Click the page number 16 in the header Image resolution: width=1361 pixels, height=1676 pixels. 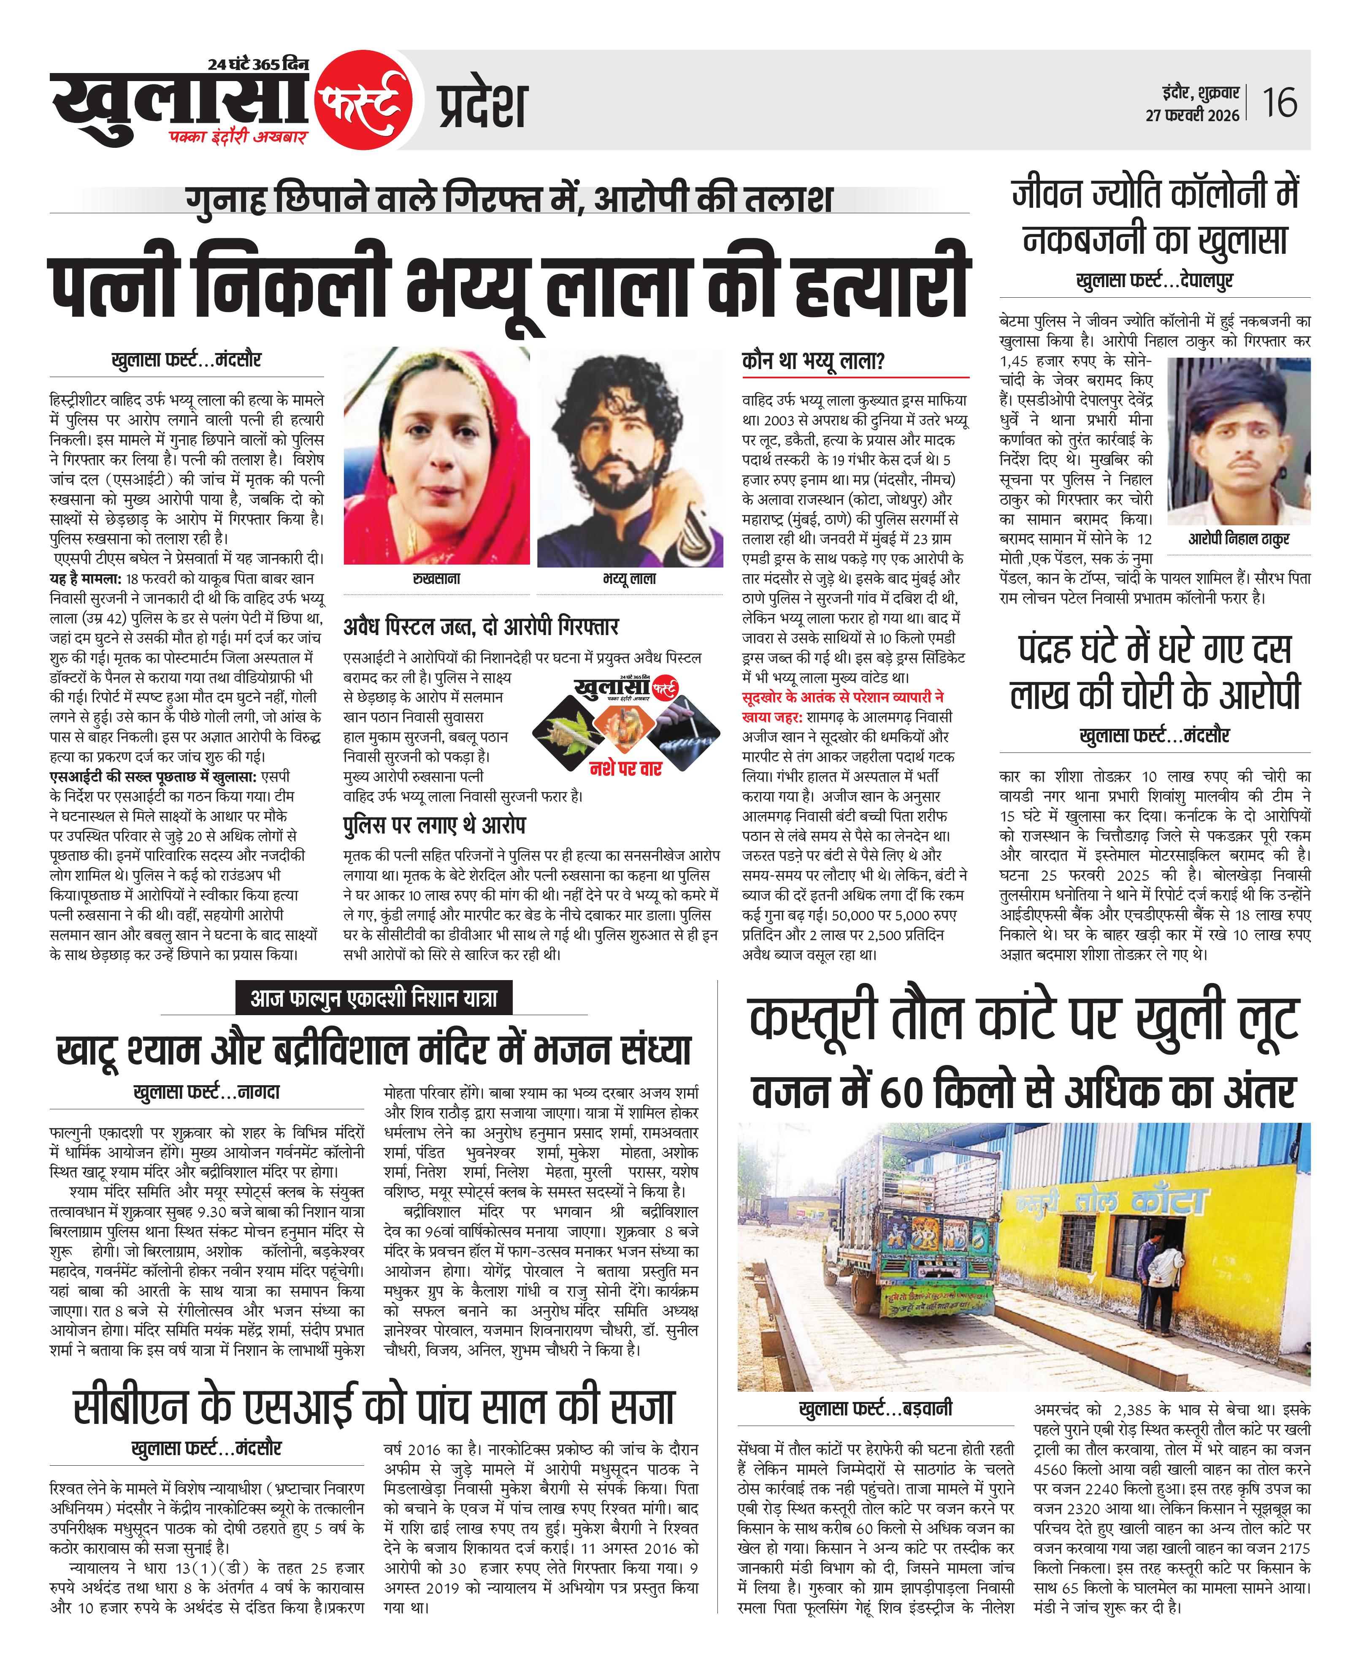[1279, 103]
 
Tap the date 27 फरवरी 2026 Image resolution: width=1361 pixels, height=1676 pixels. [1193, 115]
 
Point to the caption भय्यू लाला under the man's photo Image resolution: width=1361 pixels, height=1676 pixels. [630, 579]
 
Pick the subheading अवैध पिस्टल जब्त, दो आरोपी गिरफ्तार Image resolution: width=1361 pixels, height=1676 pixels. [481, 627]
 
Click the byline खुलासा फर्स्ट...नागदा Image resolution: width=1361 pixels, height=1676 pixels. [207, 1092]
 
